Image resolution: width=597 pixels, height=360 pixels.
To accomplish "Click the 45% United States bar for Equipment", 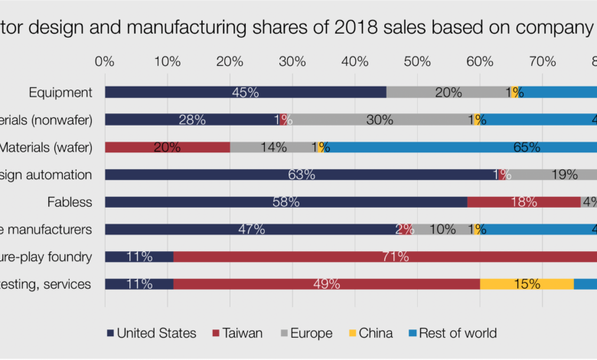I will click(245, 93).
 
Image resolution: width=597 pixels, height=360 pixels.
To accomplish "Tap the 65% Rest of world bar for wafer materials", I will click(459, 147).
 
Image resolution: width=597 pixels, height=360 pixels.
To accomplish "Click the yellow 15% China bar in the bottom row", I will click(527, 284).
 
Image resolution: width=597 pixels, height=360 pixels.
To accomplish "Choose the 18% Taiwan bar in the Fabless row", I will click(524, 202).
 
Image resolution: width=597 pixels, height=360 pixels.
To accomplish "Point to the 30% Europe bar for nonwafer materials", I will click(380, 119).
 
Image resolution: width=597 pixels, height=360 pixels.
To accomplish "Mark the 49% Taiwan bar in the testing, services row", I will click(327, 284).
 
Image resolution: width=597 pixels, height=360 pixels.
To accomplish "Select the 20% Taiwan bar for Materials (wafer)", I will click(167, 147).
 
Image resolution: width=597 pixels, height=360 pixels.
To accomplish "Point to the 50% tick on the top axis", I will click(417, 60).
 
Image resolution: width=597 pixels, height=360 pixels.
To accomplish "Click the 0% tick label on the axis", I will click(104, 60).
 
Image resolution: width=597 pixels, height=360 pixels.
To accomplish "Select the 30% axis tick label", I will click(292, 60).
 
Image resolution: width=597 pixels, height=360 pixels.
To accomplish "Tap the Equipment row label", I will click(60, 93).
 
